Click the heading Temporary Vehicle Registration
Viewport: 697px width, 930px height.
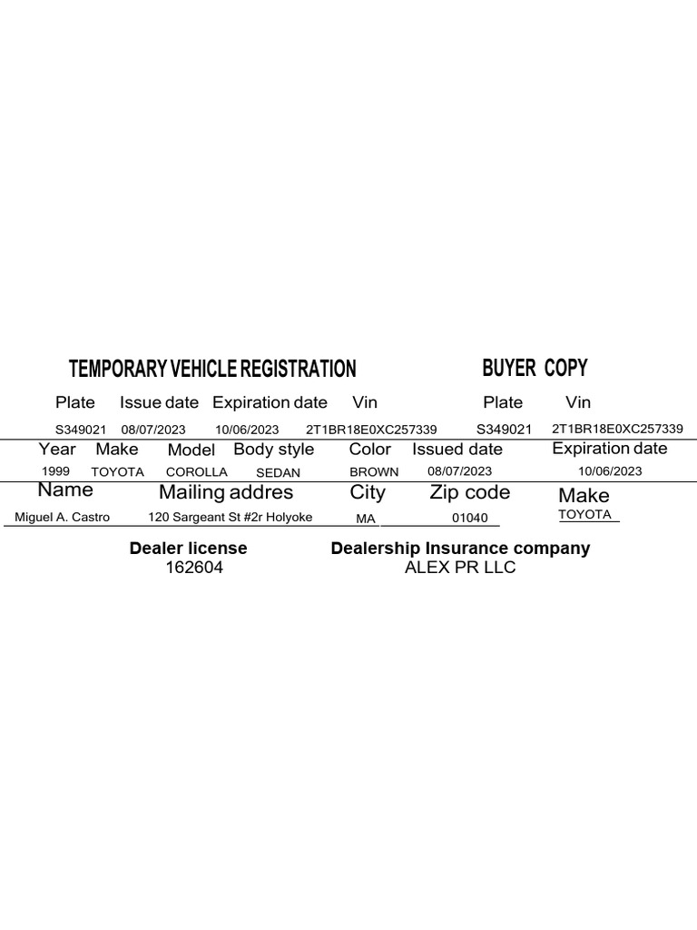[x=212, y=369]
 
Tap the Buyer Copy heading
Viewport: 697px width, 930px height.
[x=535, y=368]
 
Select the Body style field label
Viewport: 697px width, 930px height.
[x=273, y=450]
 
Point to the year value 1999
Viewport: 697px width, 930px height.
[x=55, y=471]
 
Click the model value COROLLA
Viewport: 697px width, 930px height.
[x=197, y=472]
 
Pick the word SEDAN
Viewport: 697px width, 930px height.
[x=278, y=473]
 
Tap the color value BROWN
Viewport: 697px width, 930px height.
[x=374, y=472]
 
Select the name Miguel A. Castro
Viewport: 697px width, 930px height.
[x=63, y=517]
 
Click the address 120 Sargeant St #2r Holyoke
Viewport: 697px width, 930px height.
[x=231, y=517]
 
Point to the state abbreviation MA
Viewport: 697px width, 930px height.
[x=366, y=519]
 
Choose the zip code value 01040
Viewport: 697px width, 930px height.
[x=470, y=518]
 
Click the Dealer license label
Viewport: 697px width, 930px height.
[x=188, y=549]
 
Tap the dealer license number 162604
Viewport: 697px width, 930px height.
[x=193, y=568]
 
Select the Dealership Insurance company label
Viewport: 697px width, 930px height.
[x=460, y=549]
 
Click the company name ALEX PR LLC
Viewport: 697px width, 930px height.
[x=460, y=569]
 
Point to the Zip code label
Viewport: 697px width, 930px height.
[x=469, y=492]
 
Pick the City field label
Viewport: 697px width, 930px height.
[x=368, y=492]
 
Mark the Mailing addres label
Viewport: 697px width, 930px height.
[x=226, y=492]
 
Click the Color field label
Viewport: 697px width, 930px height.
[x=370, y=450]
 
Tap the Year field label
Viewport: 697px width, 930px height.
[x=57, y=449]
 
